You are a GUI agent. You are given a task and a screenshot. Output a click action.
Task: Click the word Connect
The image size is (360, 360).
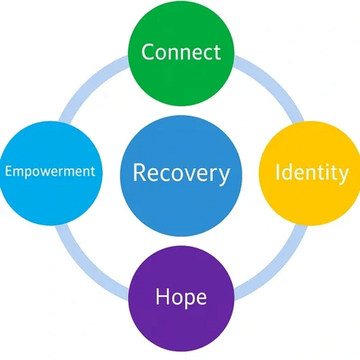pyautogui.click(x=181, y=52)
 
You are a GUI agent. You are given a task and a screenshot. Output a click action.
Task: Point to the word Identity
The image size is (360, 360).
pyautogui.click(x=311, y=173)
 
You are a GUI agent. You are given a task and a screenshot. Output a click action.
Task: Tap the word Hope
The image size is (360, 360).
pyautogui.click(x=181, y=297)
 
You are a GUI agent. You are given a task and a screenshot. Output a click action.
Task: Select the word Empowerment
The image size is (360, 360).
pyautogui.click(x=50, y=172)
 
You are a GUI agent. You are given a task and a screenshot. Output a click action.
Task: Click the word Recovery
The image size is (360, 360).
pyautogui.click(x=181, y=173)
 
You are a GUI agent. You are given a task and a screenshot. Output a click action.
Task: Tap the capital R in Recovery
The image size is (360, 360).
pyautogui.click(x=139, y=172)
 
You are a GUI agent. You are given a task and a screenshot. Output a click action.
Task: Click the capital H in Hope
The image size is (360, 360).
pyautogui.click(x=161, y=296)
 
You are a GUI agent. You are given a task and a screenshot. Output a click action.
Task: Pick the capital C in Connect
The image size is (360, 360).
pyautogui.click(x=147, y=52)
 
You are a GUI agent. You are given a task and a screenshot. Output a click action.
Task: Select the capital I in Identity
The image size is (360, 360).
pyautogui.click(x=278, y=172)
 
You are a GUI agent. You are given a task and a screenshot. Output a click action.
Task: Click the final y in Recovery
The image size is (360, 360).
pyautogui.click(x=224, y=175)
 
